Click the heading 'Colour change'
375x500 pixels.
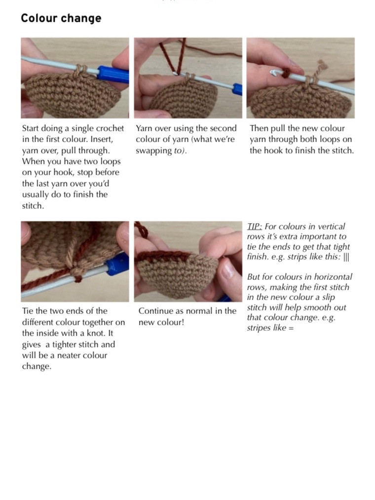[61, 18]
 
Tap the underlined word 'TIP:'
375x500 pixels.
[255, 227]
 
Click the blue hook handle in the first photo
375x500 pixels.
[112, 74]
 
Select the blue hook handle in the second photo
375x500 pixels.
[237, 89]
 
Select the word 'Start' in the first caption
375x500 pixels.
[32, 128]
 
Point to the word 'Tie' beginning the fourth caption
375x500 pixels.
[28, 310]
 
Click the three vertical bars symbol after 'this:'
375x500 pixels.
[346, 257]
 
